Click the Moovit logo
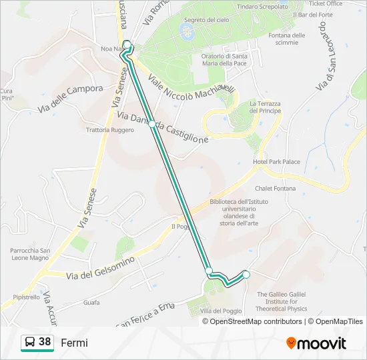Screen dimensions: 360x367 pos(316,343)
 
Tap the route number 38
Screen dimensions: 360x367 pos(45,342)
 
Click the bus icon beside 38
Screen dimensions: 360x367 pos(30,343)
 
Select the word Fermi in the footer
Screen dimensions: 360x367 pos(74,343)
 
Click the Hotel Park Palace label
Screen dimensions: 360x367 pos(276,162)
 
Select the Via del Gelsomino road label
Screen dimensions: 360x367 pos(101,267)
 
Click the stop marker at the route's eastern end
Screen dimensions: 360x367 pos(246,274)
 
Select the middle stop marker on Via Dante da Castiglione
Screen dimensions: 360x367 pos(153,124)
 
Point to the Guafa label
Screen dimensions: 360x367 pos(91,303)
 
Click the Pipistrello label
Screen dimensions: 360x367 pos(26,297)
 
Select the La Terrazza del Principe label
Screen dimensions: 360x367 pos(266,107)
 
